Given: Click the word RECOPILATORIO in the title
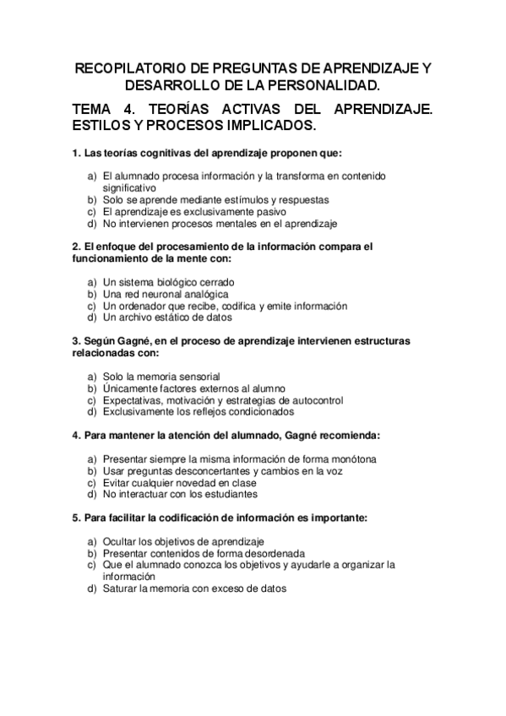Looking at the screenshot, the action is [x=129, y=68].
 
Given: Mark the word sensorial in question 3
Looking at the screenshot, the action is [x=199, y=377].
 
